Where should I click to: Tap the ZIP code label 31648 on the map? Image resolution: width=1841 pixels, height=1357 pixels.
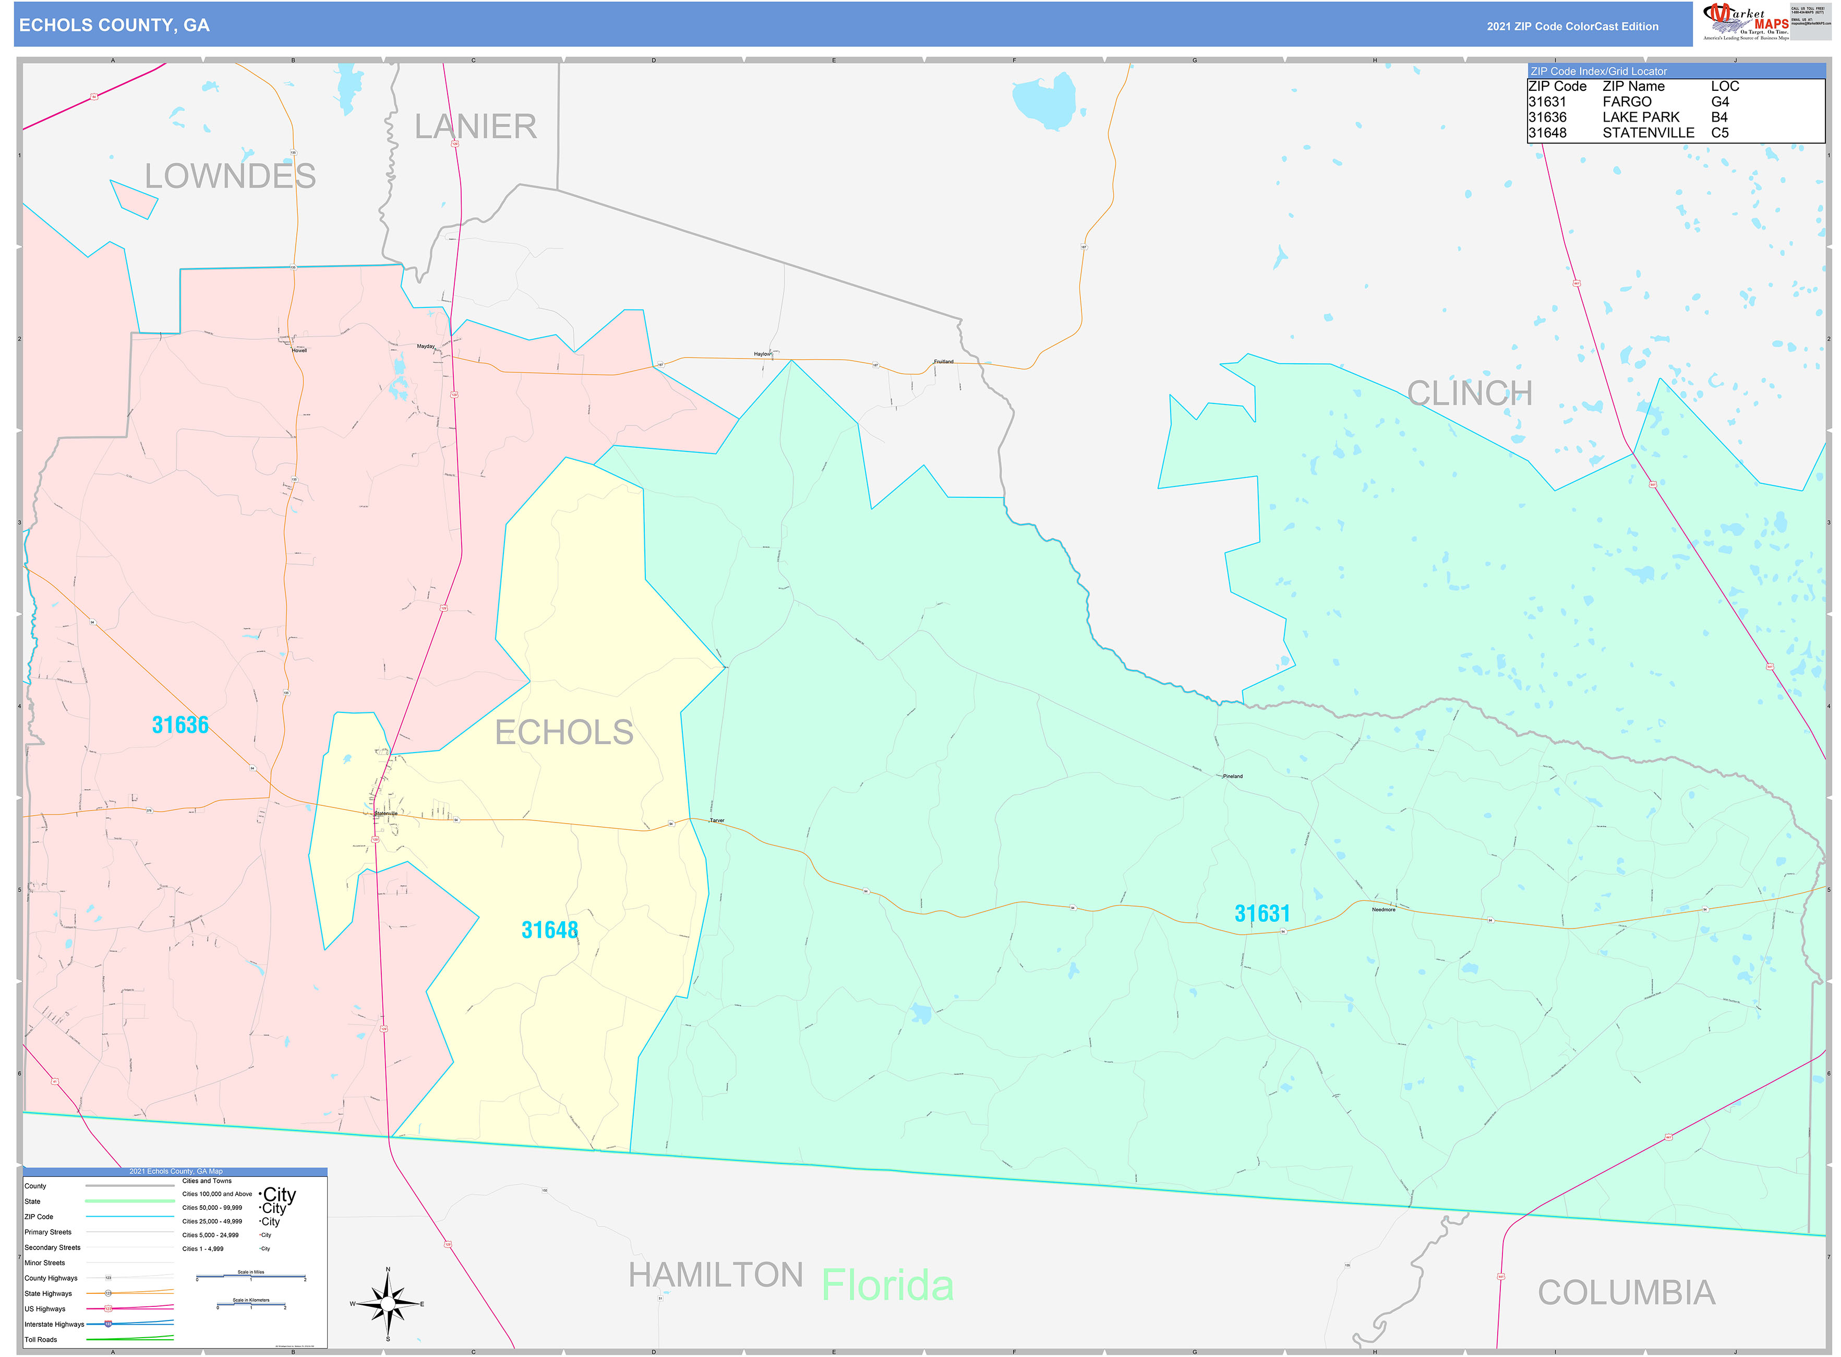pos(549,930)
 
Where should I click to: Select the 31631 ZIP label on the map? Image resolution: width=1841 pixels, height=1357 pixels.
pos(1262,913)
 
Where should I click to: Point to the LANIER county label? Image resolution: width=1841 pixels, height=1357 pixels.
pos(475,126)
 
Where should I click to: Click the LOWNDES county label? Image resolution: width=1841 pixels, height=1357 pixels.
pos(230,176)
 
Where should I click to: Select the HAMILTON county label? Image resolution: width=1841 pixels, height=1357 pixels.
pos(715,1276)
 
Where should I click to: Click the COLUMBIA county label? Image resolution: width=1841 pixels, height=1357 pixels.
pos(1626,1293)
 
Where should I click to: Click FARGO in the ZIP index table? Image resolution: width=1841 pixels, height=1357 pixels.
pos(1627,102)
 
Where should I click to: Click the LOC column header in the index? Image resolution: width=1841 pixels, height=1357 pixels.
pos(1724,86)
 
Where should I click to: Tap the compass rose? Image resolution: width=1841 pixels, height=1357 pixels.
pos(388,1304)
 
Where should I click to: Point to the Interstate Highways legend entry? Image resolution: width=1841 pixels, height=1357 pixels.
pos(54,1324)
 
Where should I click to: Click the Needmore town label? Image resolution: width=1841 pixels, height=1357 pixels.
pos(1383,909)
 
